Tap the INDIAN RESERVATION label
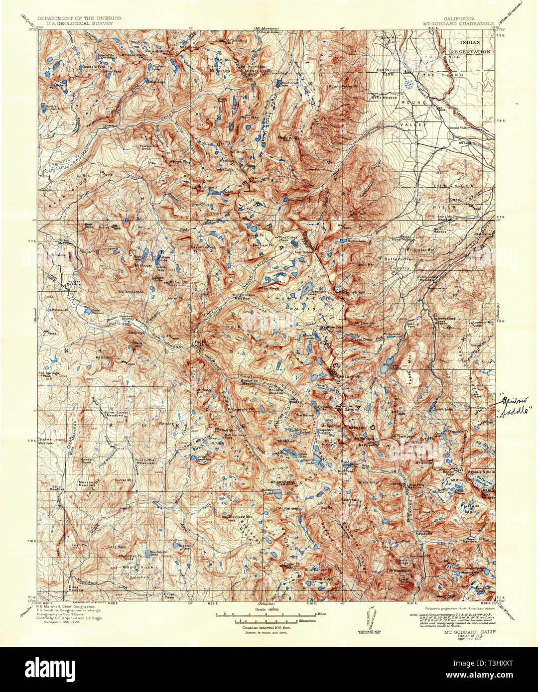470,47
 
